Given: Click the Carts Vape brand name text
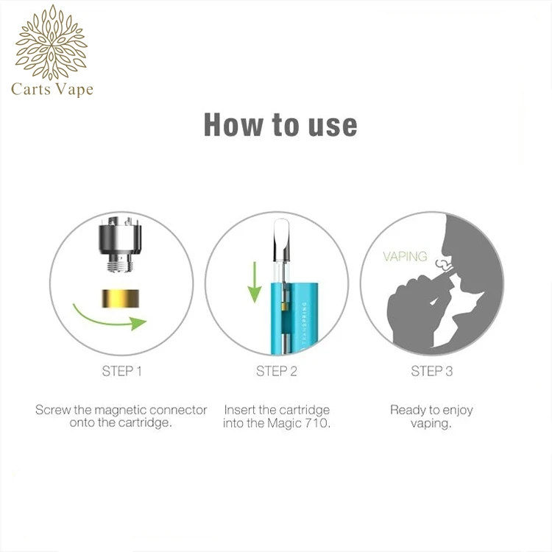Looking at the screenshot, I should coord(52,90).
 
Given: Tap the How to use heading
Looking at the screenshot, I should coord(280,124).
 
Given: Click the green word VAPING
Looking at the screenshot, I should coord(405,257).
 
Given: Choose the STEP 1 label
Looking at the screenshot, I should coord(122,371).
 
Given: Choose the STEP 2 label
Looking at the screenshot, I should coord(277,371).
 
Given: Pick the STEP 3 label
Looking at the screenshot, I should coord(431,371).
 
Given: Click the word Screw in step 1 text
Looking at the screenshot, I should coord(53,410).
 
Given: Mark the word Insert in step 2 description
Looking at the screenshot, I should coord(241,410).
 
